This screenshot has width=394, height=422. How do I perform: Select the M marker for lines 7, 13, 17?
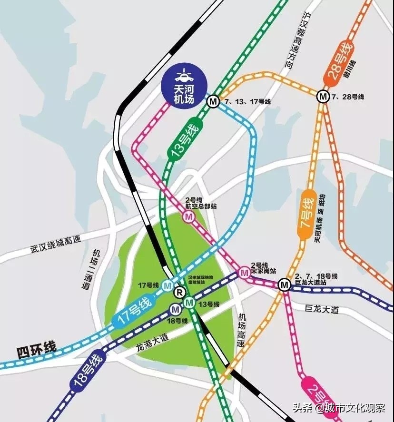click(x=213, y=101)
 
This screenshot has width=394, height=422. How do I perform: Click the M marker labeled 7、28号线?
click(x=324, y=97)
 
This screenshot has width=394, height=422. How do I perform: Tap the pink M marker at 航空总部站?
click(x=189, y=217)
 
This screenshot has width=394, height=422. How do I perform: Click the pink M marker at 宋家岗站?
click(x=245, y=273)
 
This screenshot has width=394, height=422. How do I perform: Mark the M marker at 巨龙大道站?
click(x=285, y=285)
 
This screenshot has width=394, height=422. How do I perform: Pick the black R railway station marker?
click(x=179, y=292)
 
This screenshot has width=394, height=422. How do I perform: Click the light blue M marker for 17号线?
click(x=167, y=285)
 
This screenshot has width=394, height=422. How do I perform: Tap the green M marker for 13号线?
click(x=189, y=301)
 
